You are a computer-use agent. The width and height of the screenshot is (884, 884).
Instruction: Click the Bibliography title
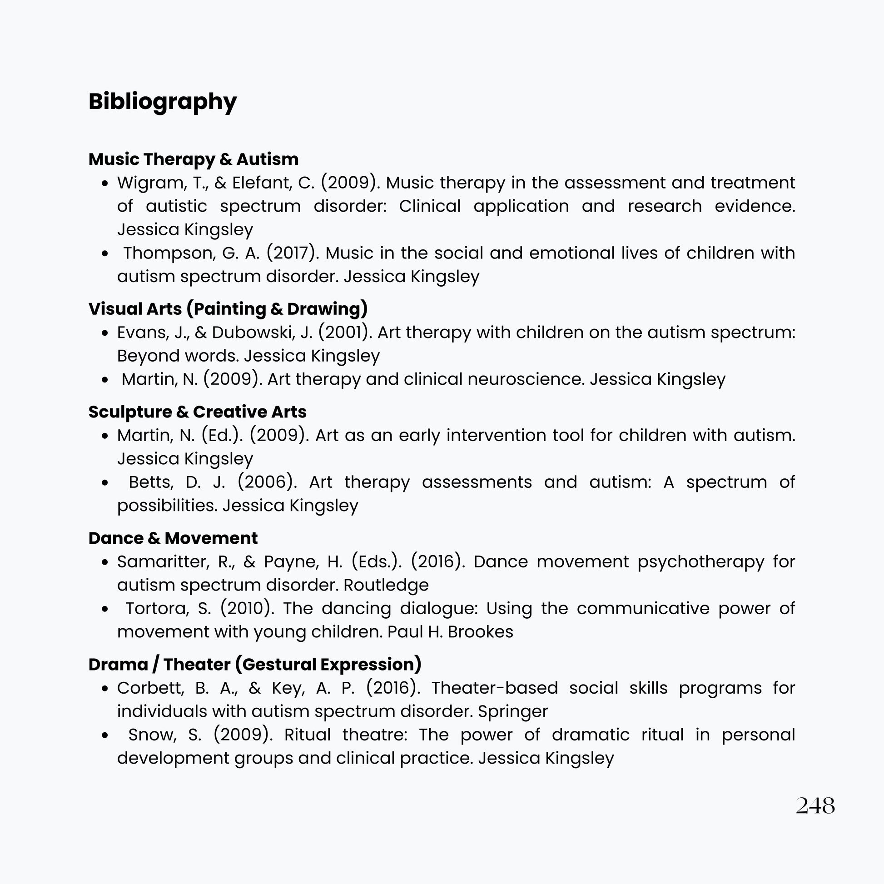[x=163, y=101]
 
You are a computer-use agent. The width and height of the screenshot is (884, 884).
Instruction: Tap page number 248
[x=815, y=806]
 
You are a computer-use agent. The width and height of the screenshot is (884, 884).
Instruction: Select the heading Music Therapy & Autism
[x=193, y=159]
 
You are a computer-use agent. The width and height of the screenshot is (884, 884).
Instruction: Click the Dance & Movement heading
[x=173, y=538]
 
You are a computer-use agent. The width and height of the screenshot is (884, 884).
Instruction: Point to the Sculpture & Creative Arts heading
[x=197, y=412]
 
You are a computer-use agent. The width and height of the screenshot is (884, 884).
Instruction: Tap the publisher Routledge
[x=386, y=585]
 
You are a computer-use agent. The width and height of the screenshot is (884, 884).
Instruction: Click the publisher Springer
[x=512, y=711]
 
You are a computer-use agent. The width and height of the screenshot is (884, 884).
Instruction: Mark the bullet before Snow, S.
[x=105, y=735]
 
